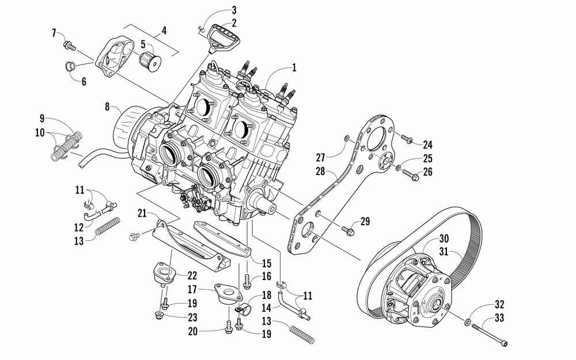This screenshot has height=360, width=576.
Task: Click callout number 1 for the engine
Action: pos(294,68)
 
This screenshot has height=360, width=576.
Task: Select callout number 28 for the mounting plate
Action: pos(321,171)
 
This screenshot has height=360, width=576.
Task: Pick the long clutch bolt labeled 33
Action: pos(490,336)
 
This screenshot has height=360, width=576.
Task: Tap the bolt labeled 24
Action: pos(406,138)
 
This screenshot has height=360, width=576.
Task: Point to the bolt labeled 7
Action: pos(70,44)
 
